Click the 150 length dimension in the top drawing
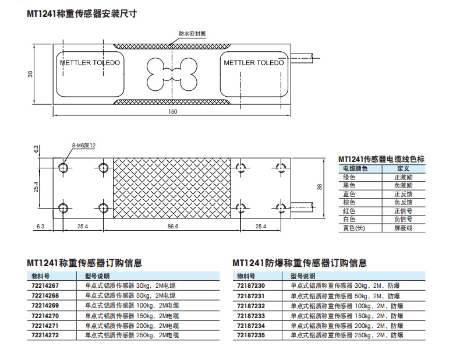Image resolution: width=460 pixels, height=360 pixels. pyautogui.click(x=173, y=111)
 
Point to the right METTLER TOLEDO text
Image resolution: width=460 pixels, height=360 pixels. pyautogui.click(x=254, y=63)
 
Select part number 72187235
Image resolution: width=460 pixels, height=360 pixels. pyautogui.click(x=250, y=335)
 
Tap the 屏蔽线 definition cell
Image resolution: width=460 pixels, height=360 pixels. pyautogui.click(x=402, y=228)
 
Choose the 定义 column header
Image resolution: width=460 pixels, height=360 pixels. pyautogui.click(x=402, y=168)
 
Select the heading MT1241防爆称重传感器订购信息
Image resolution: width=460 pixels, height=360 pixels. pyautogui.click(x=299, y=263)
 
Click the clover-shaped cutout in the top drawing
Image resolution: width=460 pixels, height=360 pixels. pyautogui.click(x=173, y=74)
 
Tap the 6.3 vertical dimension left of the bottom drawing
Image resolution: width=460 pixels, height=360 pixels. pyautogui.click(x=36, y=150)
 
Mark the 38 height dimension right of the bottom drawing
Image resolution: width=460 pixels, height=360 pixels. pyautogui.click(x=320, y=186)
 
